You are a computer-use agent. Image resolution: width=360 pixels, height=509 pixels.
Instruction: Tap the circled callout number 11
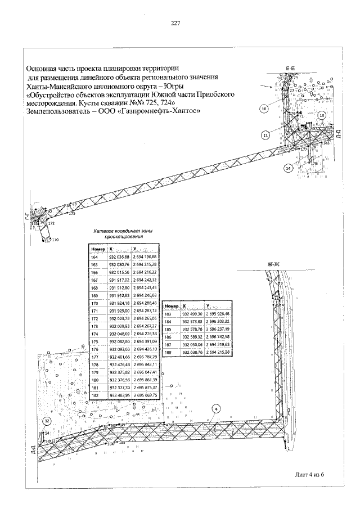pyautogui.click(x=265, y=134)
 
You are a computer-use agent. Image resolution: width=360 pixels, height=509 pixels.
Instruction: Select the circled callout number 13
pyautogui.click(x=322, y=115)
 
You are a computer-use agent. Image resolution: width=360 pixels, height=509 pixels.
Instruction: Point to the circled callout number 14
pyautogui.click(x=288, y=168)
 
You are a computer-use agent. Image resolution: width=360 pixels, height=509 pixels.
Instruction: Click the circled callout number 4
pyautogui.click(x=217, y=409)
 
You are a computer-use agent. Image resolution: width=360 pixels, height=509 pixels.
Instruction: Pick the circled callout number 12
pyautogui.click(x=47, y=421)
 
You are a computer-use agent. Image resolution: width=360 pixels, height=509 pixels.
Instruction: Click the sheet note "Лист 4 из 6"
pyautogui.click(x=310, y=474)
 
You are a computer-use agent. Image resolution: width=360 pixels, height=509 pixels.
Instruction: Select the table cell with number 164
pyautogui.click(x=95, y=257)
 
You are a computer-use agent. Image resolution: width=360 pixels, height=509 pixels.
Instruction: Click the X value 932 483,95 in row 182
pyautogui.click(x=120, y=395)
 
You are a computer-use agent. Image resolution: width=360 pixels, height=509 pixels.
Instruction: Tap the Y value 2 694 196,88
pyautogui.click(x=145, y=257)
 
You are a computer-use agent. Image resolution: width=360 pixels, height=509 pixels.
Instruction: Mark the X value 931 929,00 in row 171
pyautogui.click(x=120, y=310)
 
